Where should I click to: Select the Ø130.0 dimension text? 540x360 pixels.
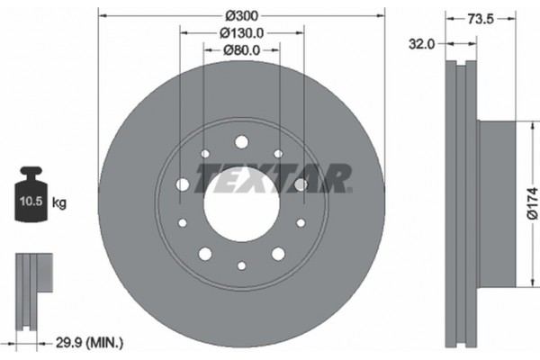(x=241, y=32)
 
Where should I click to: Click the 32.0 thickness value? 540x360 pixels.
(x=423, y=42)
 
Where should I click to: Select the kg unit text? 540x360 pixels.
(x=60, y=203)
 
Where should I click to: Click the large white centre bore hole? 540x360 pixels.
(x=240, y=200)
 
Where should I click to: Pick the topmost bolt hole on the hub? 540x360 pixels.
(x=241, y=141)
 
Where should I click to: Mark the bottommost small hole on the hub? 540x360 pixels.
(x=241, y=265)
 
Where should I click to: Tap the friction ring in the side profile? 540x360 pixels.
(x=462, y=202)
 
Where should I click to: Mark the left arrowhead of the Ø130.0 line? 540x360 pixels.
(x=184, y=32)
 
